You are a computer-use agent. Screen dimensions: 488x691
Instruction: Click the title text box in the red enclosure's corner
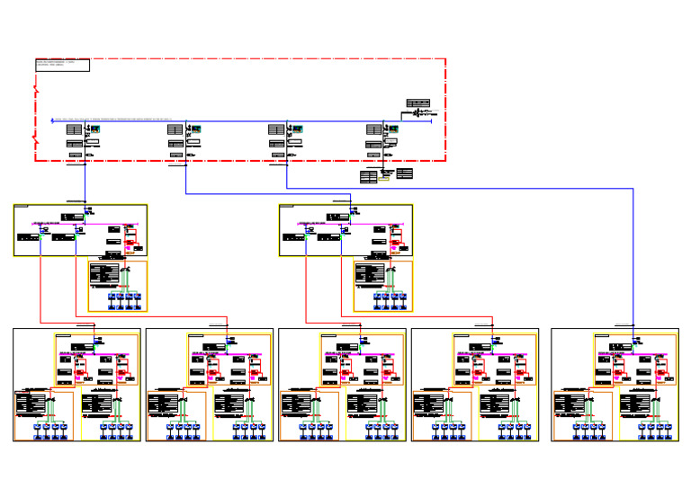62,65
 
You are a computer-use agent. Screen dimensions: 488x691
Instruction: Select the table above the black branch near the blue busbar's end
417,103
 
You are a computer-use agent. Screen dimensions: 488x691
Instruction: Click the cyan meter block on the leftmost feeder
94,129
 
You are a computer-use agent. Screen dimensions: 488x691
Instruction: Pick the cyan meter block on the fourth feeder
392,129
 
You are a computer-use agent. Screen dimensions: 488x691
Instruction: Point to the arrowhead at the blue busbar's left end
52,120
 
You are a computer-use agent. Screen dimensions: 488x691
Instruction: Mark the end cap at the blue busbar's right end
431,120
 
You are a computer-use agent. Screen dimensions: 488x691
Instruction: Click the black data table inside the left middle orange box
104,273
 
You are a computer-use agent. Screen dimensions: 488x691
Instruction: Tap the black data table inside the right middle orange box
370,273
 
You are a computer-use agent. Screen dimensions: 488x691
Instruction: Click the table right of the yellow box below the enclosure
404,173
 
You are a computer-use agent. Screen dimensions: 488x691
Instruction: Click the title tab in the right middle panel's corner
286,206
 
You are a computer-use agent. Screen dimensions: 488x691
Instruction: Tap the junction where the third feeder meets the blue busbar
287,121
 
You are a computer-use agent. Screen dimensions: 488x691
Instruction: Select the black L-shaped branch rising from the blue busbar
402,116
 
